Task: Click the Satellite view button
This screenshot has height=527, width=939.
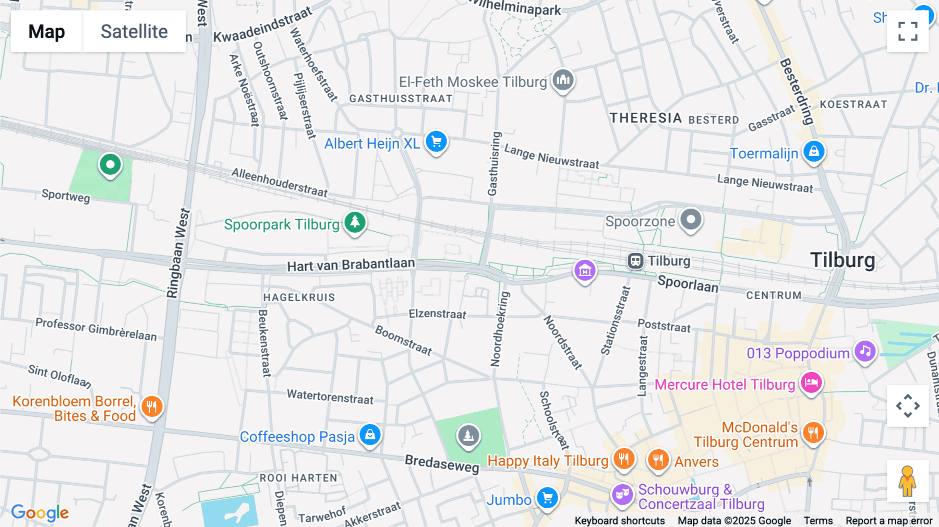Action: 134,31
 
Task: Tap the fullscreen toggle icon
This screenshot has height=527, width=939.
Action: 908,31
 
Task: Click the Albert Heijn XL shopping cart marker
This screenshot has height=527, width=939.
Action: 436,141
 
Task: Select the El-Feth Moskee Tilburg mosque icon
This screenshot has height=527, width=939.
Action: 563,80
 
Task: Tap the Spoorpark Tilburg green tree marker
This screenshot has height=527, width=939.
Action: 355,222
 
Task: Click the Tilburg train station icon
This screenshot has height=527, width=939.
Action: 635,260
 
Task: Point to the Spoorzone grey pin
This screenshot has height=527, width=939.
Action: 691,219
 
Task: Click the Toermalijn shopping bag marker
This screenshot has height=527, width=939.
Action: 814,152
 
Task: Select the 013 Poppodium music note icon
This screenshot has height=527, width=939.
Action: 865,351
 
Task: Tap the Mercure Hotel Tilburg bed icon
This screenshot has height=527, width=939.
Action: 811,383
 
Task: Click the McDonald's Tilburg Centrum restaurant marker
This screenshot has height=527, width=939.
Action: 813,433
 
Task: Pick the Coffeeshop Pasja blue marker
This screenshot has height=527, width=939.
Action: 370,435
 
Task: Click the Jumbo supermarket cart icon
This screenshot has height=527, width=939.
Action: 547,498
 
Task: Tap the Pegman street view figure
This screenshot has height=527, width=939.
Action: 907,481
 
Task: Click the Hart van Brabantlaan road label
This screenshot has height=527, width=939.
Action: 351,265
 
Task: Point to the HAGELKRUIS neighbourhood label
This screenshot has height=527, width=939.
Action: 299,297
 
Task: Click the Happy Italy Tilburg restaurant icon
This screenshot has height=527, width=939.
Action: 623,459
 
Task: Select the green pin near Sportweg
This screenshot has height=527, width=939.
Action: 110,165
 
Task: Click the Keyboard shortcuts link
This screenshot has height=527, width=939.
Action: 619,520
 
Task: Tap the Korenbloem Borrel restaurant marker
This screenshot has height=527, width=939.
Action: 152,406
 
